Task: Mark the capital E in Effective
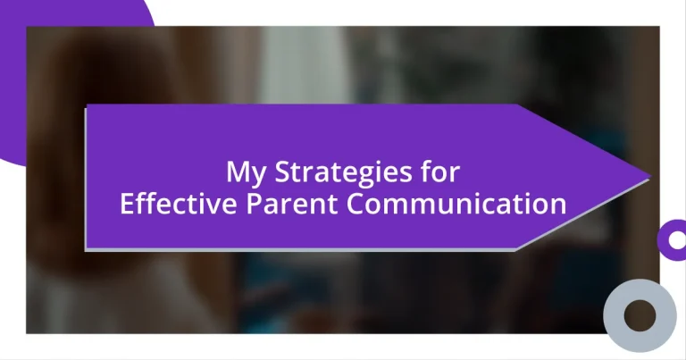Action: coord(127,204)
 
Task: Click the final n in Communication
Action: coord(559,205)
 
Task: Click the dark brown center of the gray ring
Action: coord(640,314)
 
